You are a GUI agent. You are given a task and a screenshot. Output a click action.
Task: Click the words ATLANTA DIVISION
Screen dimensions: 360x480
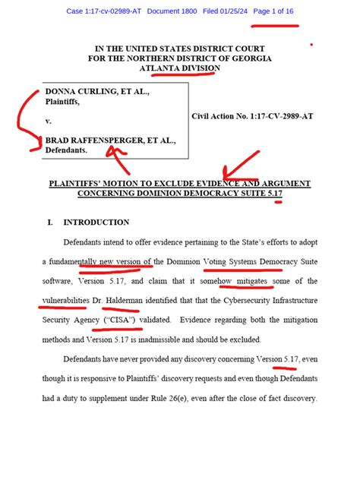pyautogui.click(x=180, y=68)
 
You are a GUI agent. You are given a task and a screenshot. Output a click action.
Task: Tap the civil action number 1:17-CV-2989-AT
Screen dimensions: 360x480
pyautogui.click(x=280, y=116)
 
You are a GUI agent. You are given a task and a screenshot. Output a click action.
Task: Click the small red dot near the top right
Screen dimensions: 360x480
pyautogui.click(x=311, y=44)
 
